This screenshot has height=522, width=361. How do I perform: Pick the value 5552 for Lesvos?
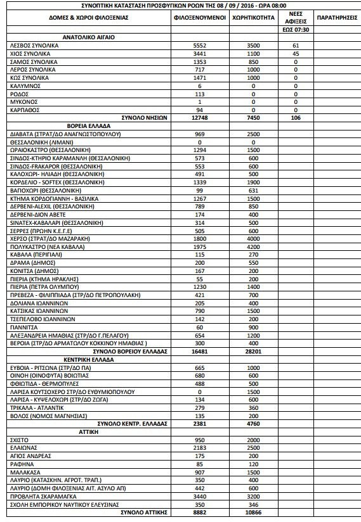coord(200,46)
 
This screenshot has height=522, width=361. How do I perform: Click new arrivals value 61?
coord(295,46)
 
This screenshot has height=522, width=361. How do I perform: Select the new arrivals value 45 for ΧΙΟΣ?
coord(295,54)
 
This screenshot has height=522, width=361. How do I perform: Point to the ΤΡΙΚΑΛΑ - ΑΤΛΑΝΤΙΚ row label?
coord(39,407)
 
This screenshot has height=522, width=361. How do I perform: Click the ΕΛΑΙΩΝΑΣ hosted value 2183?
coord(200,447)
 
